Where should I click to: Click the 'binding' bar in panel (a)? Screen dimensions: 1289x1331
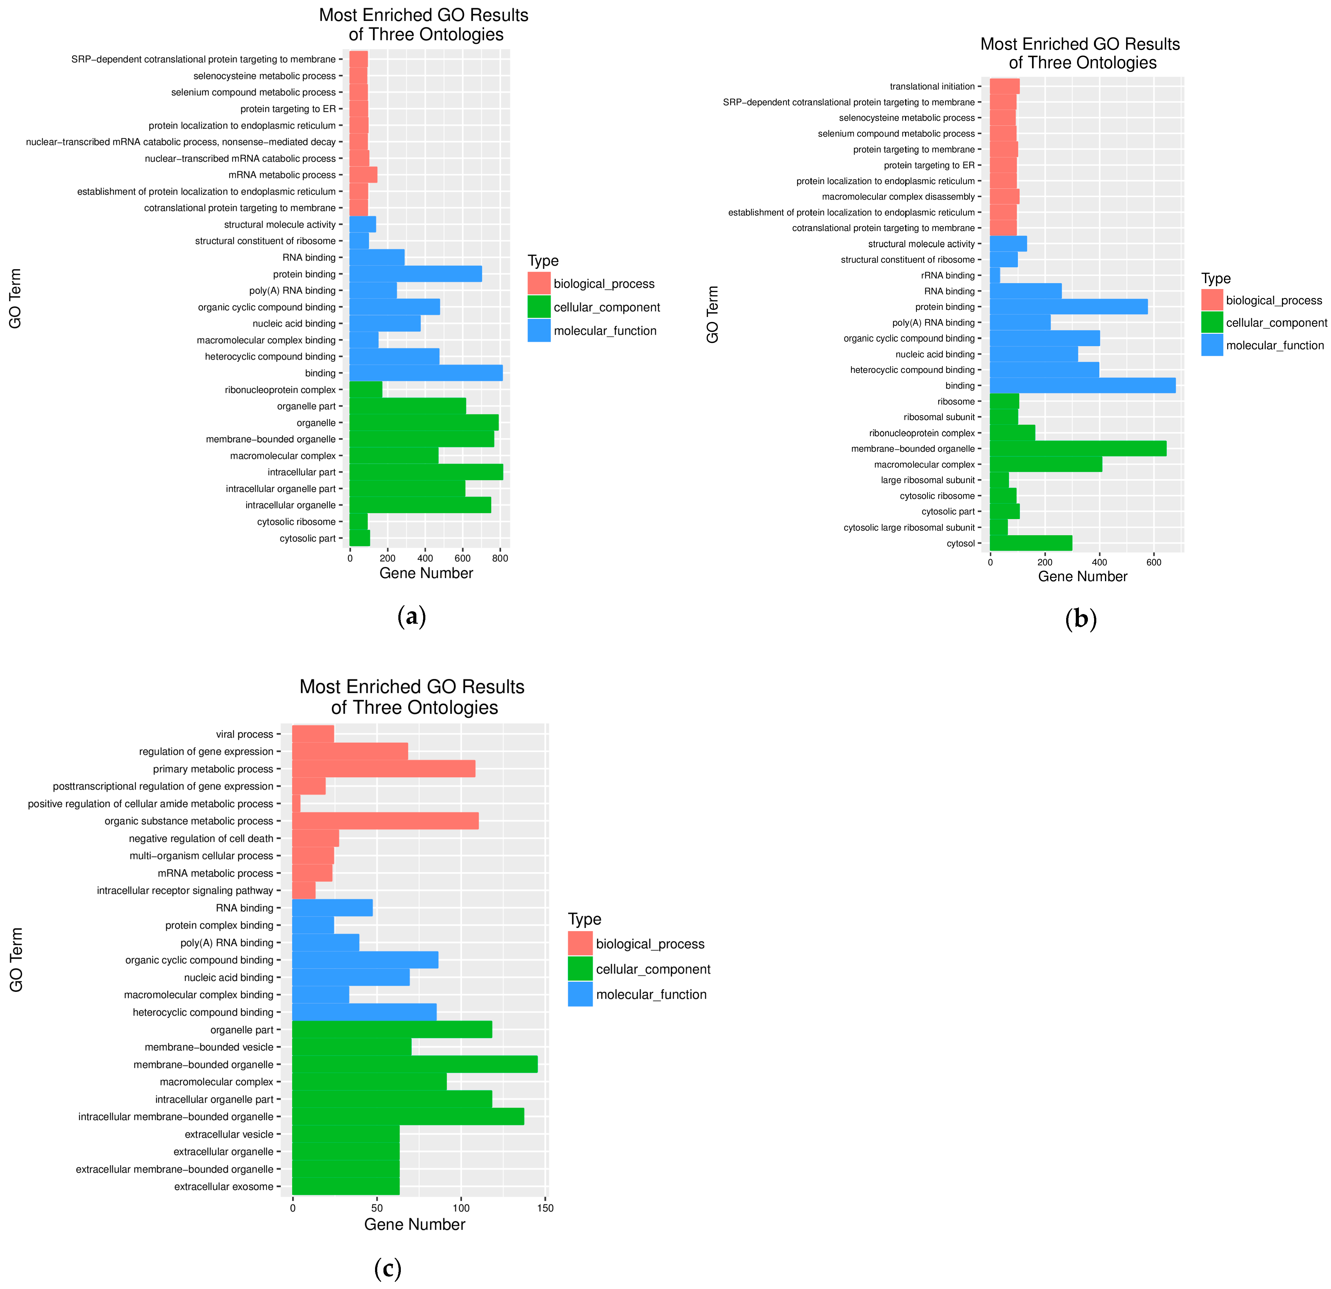(426, 373)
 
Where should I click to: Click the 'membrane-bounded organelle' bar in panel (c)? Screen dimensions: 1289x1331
(414, 1064)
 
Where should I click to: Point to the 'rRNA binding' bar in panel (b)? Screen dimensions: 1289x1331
(995, 275)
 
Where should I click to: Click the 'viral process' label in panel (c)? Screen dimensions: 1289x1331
(244, 734)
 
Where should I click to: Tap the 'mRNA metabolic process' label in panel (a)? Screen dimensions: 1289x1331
(282, 174)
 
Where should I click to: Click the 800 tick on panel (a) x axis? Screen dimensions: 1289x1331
(500, 558)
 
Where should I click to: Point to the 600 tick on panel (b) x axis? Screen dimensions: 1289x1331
(1153, 562)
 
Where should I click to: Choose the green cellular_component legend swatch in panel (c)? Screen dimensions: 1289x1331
(580, 969)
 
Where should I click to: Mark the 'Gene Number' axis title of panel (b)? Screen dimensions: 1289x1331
(1082, 577)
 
